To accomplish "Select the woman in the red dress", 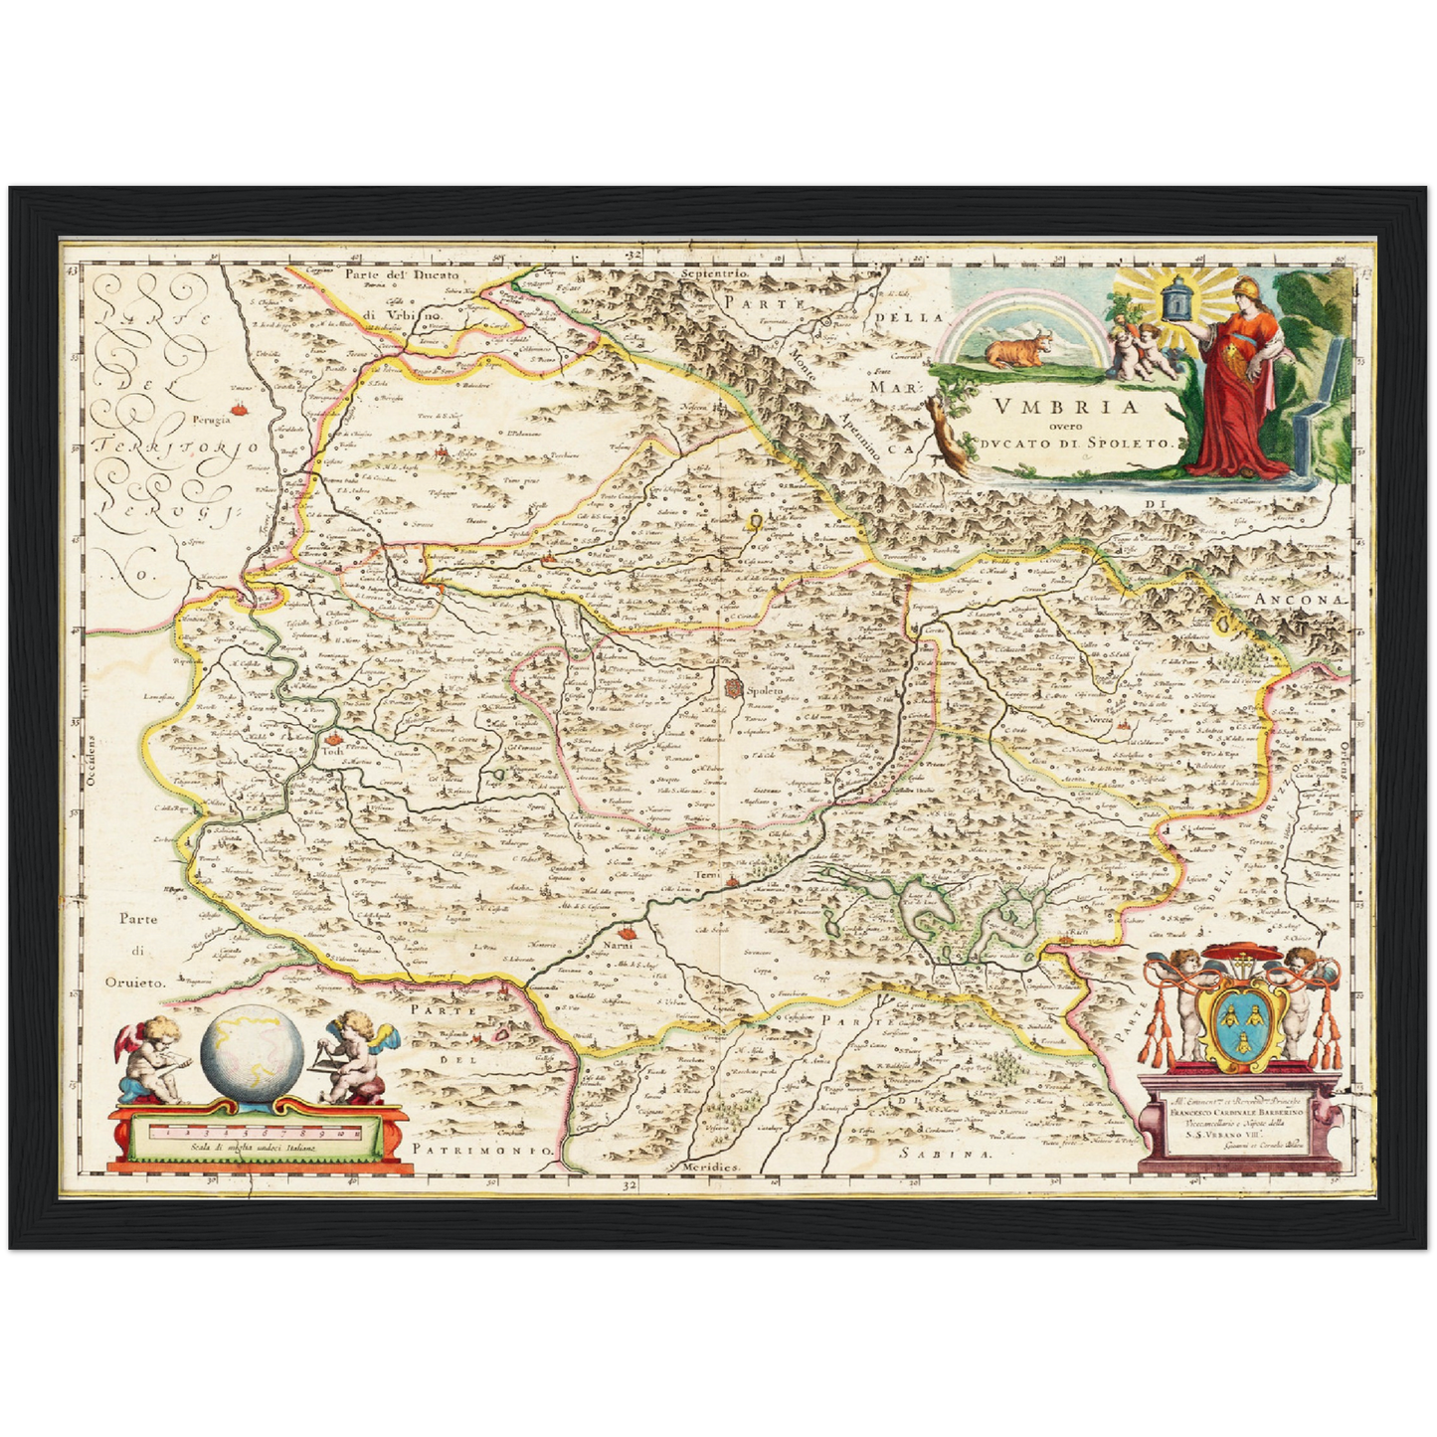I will pos(1239,388).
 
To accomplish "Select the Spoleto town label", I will pos(765,690).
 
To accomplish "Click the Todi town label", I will pos(329,753).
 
